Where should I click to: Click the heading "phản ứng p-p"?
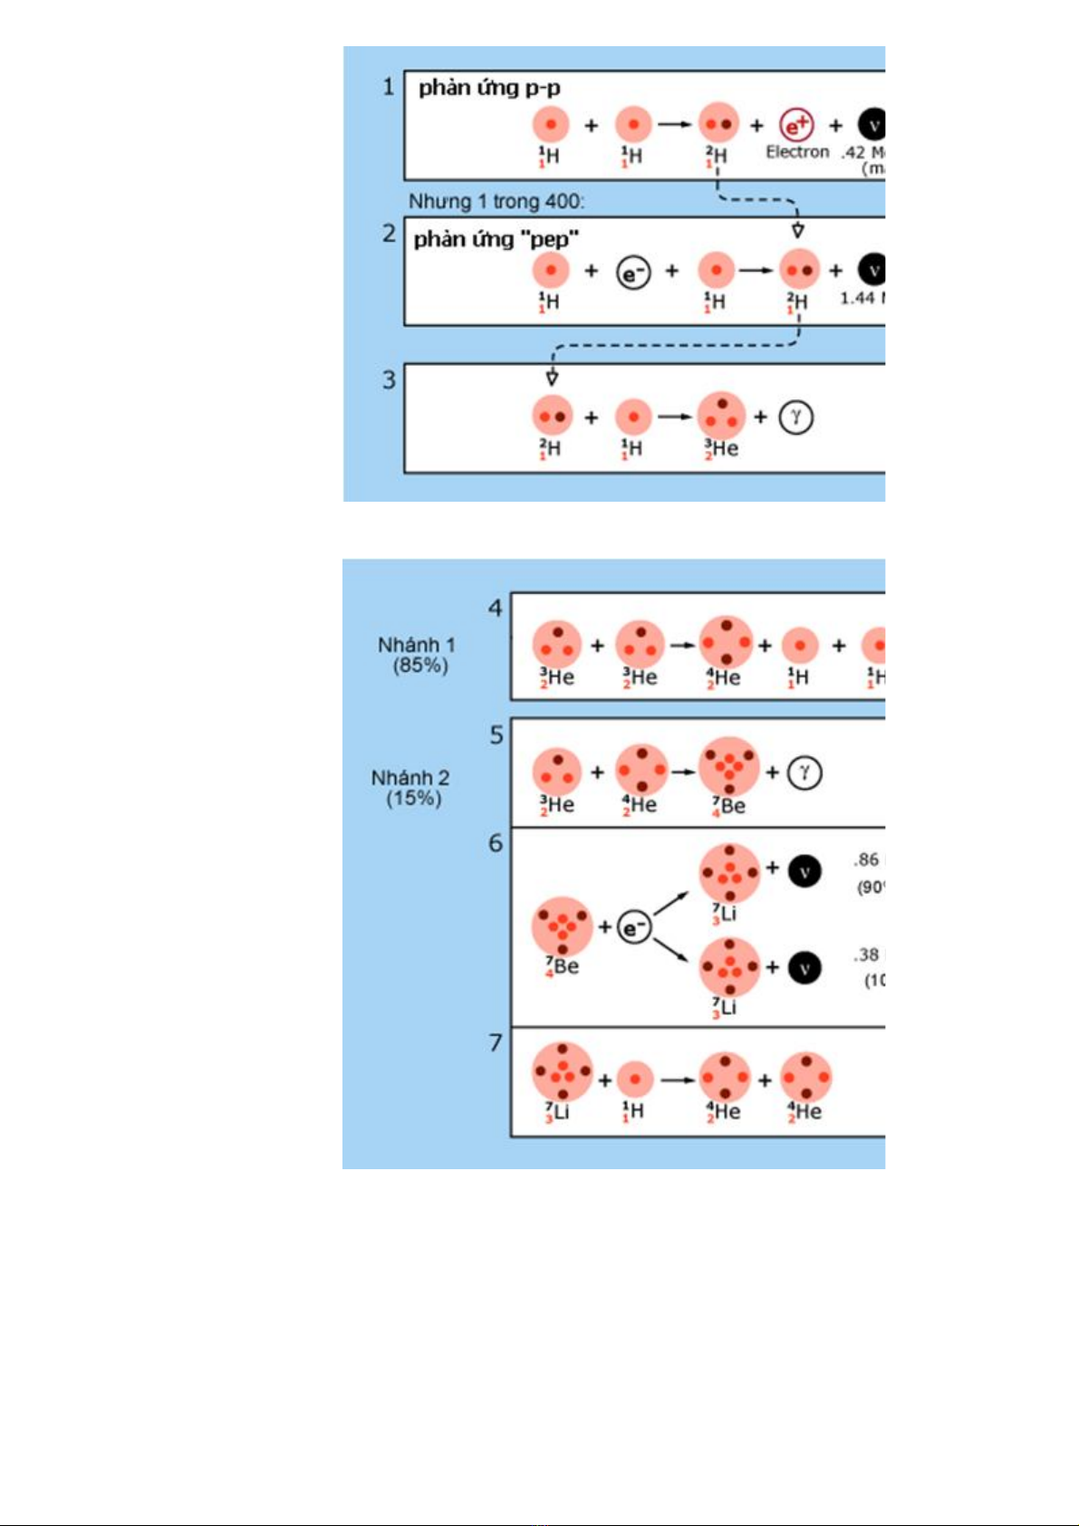point(489,88)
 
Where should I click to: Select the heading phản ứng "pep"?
point(496,239)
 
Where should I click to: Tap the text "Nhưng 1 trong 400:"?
point(496,201)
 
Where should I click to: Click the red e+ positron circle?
point(797,125)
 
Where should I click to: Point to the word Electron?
point(797,152)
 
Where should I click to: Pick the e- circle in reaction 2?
point(633,271)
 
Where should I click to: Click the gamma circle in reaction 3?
point(795,417)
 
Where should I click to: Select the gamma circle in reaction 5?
point(804,773)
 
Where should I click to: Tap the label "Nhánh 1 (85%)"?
point(417,655)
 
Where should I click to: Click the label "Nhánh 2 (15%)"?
point(411,788)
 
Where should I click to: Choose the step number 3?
point(389,379)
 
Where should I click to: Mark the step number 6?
point(496,843)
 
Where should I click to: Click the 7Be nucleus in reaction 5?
point(728,766)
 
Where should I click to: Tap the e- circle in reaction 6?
point(634,927)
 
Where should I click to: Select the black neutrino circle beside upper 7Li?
point(804,871)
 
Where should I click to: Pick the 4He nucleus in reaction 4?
point(727,642)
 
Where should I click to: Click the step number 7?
point(496,1043)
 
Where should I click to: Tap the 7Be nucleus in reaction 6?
point(562,926)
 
